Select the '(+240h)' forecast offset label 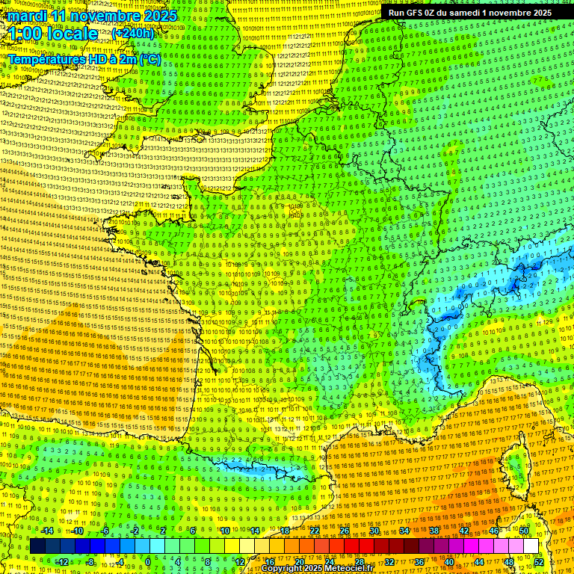tap(132, 33)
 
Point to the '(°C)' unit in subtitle tap(150, 58)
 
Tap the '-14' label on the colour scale tap(47, 531)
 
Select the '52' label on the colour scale tap(539, 561)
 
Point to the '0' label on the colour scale tap(147, 561)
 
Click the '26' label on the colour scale tap(345, 531)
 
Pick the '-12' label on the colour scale tap(62, 561)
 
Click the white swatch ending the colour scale tap(531, 546)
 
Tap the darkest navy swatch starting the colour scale tap(37, 546)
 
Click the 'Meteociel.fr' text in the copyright tap(348, 569)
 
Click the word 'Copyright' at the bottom tap(282, 569)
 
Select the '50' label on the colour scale tap(524, 531)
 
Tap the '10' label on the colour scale tap(224, 531)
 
